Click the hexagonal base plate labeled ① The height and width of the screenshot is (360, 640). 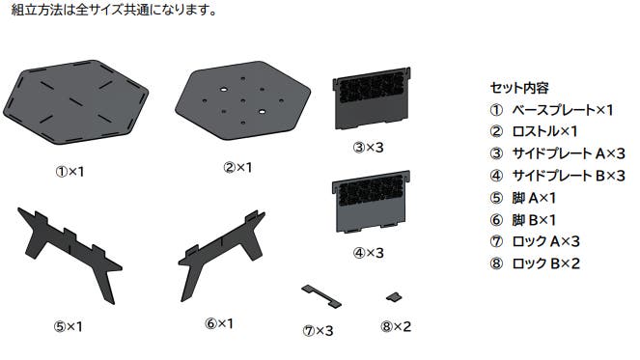pyautogui.click(x=75, y=102)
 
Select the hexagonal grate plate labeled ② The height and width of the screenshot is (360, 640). pyautogui.click(x=243, y=100)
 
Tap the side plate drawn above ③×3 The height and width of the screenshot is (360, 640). pyautogui.click(x=372, y=97)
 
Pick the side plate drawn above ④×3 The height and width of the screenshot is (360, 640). pyautogui.click(x=372, y=202)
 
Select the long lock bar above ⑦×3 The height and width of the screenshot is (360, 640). pyautogui.click(x=321, y=296)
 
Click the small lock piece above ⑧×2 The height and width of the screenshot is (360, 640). pyautogui.click(x=394, y=296)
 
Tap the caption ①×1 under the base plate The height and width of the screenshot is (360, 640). pyautogui.click(x=70, y=172)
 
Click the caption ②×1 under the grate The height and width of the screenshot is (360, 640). pyautogui.click(x=237, y=167)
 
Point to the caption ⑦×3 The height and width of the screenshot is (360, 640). pyautogui.click(x=318, y=331)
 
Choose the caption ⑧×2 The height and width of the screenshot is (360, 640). pyautogui.click(x=396, y=326)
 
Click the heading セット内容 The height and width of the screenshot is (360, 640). pyautogui.click(x=519, y=88)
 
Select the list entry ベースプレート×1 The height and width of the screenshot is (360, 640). pyautogui.click(x=563, y=110)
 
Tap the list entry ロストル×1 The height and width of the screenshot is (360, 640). pyautogui.click(x=544, y=131)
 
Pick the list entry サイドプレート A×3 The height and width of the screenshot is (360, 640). pyautogui.click(x=569, y=153)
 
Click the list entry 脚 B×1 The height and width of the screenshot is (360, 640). pyautogui.click(x=534, y=220)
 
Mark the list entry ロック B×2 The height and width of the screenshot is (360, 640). pyautogui.click(x=545, y=263)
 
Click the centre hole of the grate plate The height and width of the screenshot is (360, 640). pyautogui.click(x=243, y=100)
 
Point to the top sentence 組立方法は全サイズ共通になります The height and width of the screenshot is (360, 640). pyautogui.click(x=114, y=10)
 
